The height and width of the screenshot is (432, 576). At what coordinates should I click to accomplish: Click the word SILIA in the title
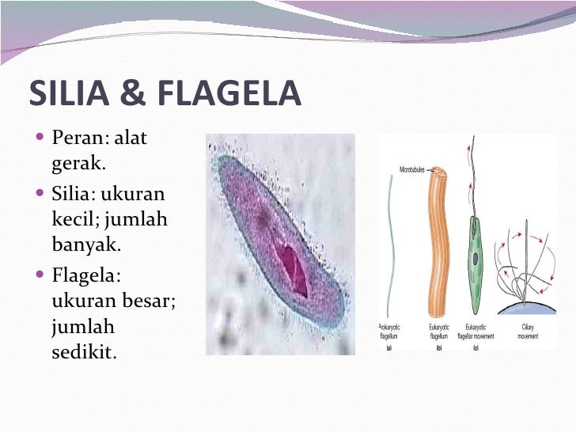[67, 93]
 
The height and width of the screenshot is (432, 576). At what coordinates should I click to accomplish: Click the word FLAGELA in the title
[228, 93]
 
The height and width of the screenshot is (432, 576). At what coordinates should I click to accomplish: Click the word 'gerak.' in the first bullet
[78, 164]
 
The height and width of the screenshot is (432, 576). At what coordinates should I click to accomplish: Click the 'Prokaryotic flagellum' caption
[388, 332]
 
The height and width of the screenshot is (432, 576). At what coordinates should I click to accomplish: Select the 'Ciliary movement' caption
[528, 332]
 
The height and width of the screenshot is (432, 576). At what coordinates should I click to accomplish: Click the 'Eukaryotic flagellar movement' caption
[476, 332]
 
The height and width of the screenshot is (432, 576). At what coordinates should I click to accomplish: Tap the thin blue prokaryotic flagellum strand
[389, 253]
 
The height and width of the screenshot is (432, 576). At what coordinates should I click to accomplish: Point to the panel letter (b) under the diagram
[438, 347]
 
